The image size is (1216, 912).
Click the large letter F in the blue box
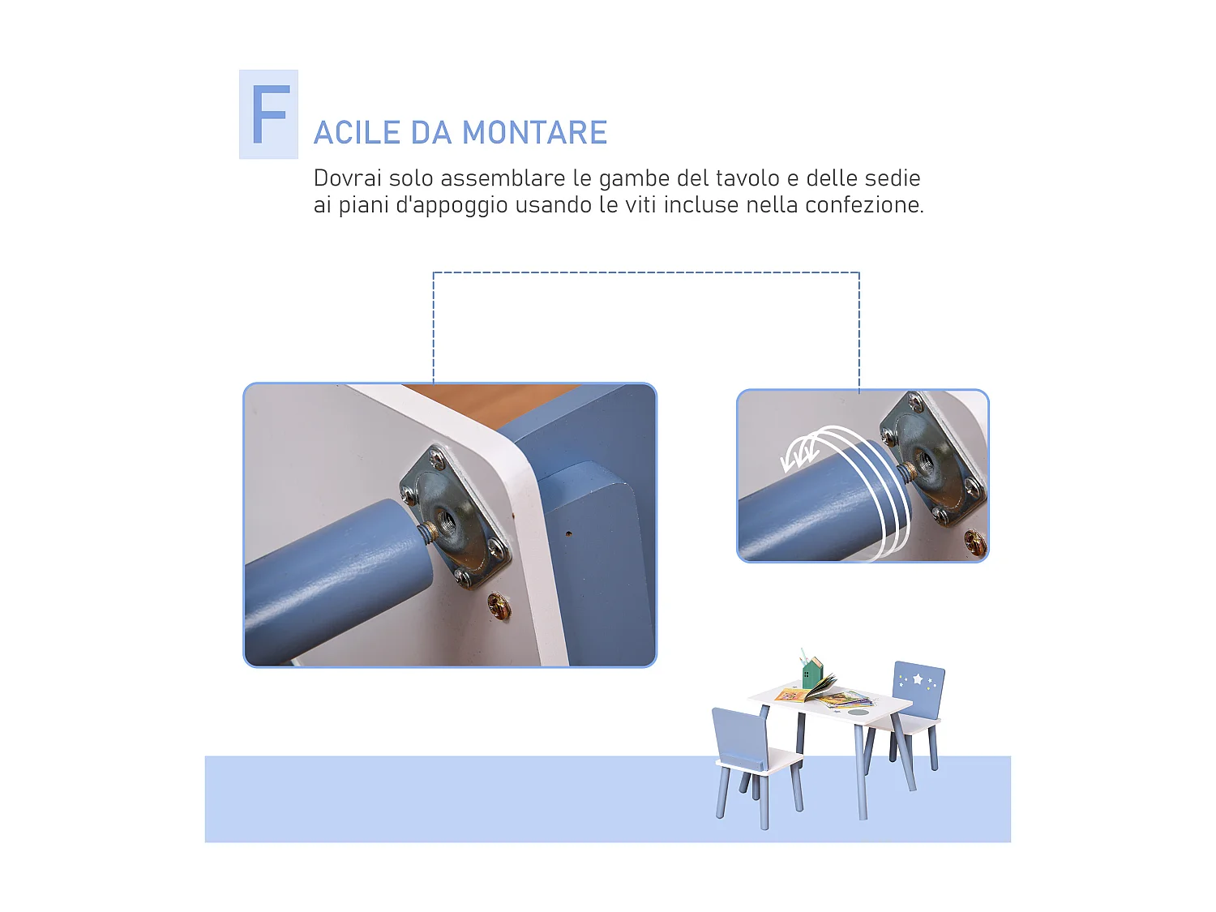(x=269, y=115)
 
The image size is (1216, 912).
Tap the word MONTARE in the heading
(x=534, y=133)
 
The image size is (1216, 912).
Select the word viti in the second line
(x=640, y=205)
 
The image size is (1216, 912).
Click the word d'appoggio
(x=452, y=206)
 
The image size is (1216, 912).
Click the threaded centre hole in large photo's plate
(x=446, y=517)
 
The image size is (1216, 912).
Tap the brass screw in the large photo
(x=499, y=606)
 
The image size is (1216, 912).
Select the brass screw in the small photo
(x=974, y=542)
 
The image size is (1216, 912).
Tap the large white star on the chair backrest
(x=918, y=679)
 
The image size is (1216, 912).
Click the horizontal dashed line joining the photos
(x=646, y=273)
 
